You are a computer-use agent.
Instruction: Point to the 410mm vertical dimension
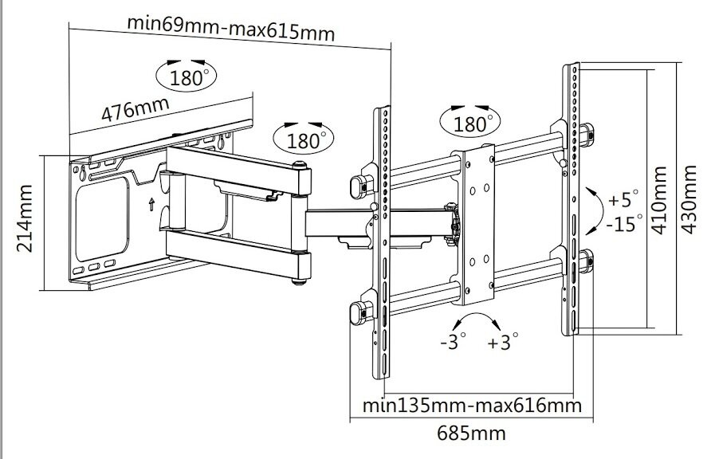coord(658,198)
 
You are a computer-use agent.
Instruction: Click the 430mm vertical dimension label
coord(691,198)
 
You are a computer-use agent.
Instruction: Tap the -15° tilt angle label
coord(624,223)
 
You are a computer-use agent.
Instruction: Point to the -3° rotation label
coord(452,343)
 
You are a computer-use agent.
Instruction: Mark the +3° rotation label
coord(504,343)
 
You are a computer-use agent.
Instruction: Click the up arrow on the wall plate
coord(151,202)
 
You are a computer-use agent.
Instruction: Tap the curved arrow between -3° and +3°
coord(476,322)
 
